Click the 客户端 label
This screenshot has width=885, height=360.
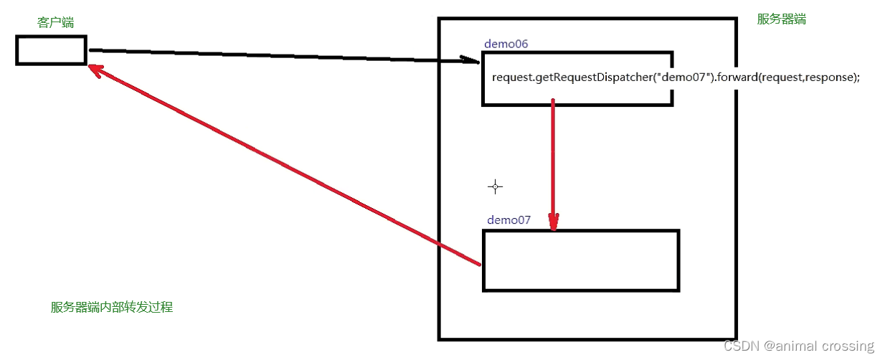coord(55,23)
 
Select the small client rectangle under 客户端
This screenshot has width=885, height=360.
coord(51,50)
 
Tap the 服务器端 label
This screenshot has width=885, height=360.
coord(781,19)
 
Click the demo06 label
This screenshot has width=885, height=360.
coord(506,44)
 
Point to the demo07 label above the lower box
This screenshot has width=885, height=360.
coord(508,219)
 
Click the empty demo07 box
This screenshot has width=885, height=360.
coord(580,260)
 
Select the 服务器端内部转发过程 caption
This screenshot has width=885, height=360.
coord(112,307)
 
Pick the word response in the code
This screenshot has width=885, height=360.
coord(830,77)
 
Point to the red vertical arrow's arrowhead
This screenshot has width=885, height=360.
coord(553,222)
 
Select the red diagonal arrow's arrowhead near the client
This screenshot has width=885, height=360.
coord(95,70)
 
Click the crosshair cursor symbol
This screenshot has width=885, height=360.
coord(495,187)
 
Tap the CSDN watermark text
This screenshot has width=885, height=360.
coord(742,346)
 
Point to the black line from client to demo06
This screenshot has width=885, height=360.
coord(273,55)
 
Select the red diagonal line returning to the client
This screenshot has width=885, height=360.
coord(287,166)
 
